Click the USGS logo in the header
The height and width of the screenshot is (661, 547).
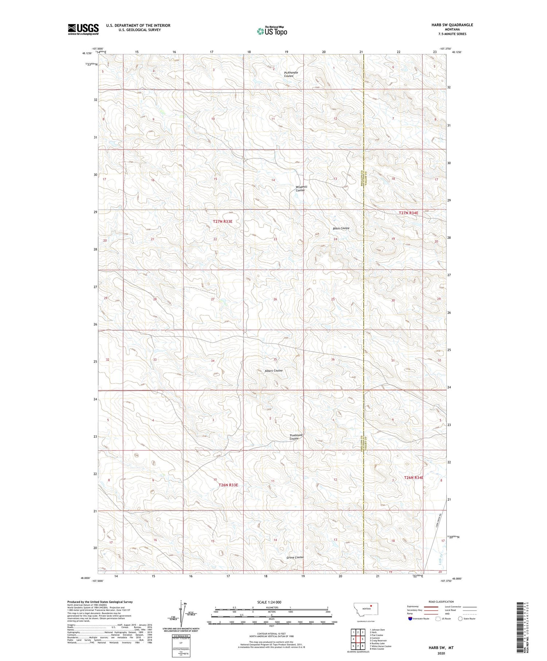click(83, 29)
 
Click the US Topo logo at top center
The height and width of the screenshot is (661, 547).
click(272, 31)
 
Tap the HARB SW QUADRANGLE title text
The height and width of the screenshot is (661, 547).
click(452, 25)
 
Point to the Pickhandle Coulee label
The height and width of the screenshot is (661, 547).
click(291, 74)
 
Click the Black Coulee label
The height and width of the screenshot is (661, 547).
click(341, 228)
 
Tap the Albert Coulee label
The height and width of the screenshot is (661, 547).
click(273, 370)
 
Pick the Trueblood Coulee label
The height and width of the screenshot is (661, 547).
click(296, 437)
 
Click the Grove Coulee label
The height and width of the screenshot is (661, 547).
click(295, 557)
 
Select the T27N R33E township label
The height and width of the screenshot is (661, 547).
click(222, 221)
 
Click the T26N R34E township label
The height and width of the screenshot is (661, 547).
click(414, 478)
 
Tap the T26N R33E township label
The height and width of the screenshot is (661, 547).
click(228, 485)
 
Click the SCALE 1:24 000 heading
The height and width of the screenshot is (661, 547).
click(269, 602)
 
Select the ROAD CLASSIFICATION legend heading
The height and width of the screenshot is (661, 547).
click(441, 602)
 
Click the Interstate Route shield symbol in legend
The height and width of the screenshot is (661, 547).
click(410, 619)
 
